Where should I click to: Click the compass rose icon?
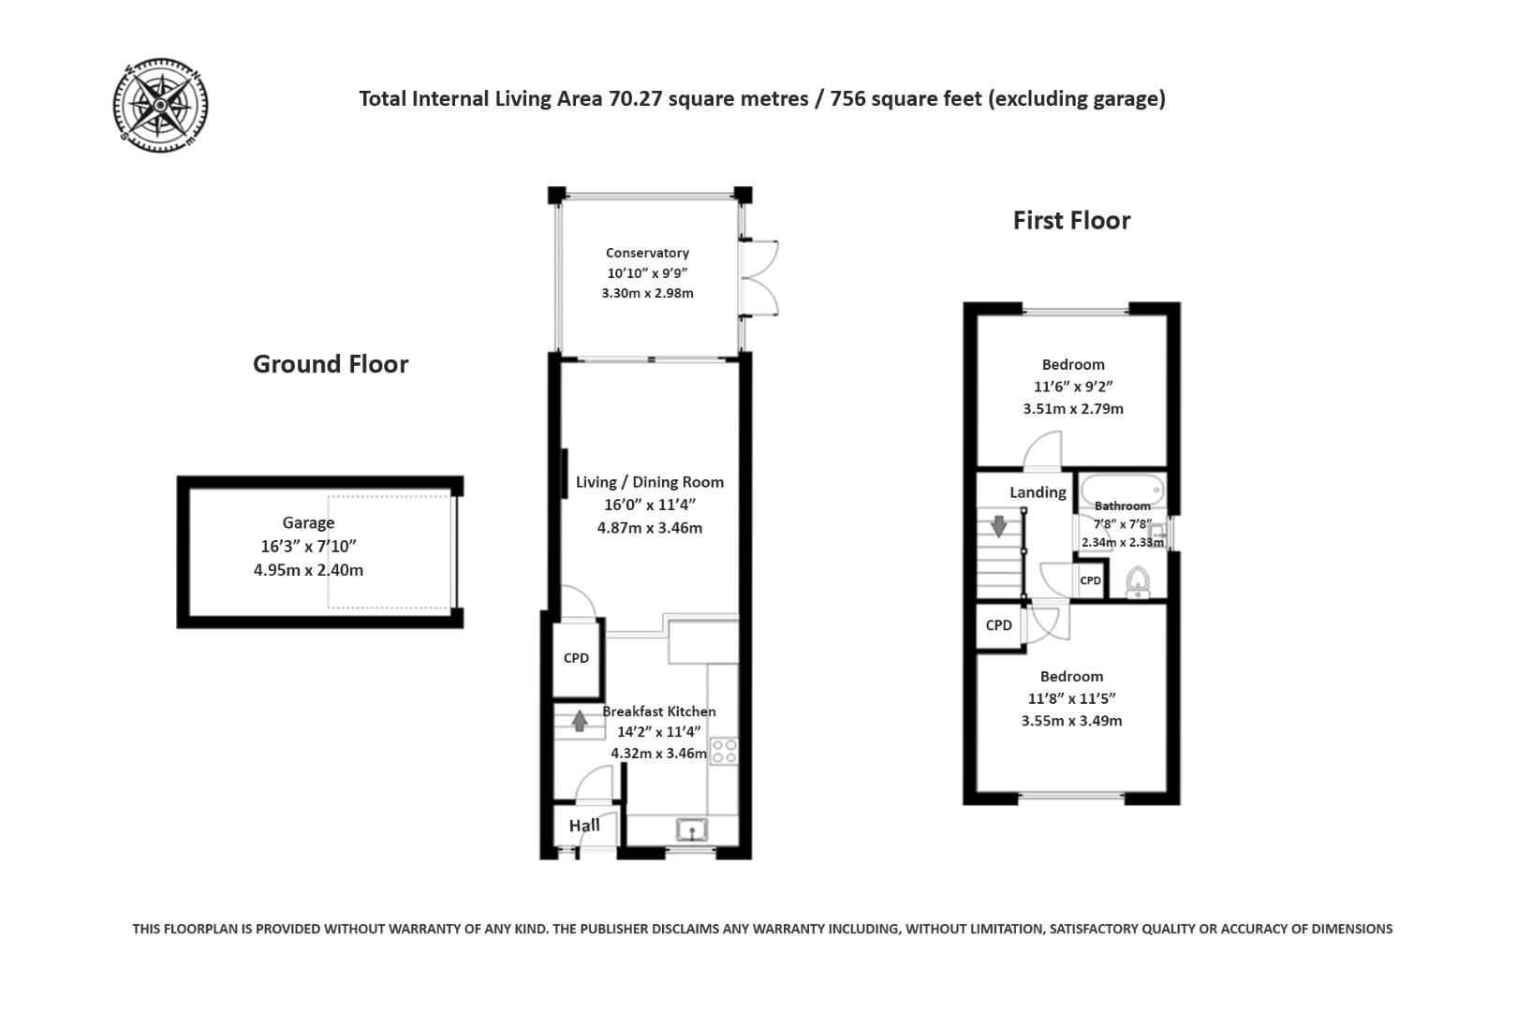[160, 104]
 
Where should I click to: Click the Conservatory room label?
[647, 253]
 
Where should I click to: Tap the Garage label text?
[308, 523]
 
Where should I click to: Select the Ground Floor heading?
[331, 364]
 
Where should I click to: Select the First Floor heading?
[1071, 220]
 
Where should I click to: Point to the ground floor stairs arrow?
[580, 721]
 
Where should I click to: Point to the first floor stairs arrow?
[999, 525]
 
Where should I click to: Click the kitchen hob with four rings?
[724, 751]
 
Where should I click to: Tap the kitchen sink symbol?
[692, 829]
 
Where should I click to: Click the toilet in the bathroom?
[1138, 581]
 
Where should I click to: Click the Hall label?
[584, 826]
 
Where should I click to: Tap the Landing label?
[1038, 492]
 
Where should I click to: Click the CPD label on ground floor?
[576, 658]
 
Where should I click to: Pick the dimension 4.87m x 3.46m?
[650, 528]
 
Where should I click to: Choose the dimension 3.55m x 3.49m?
[1071, 721]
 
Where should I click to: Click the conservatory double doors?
[758, 278]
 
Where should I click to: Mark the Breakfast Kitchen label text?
[658, 711]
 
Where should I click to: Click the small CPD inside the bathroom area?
[1090, 580]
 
